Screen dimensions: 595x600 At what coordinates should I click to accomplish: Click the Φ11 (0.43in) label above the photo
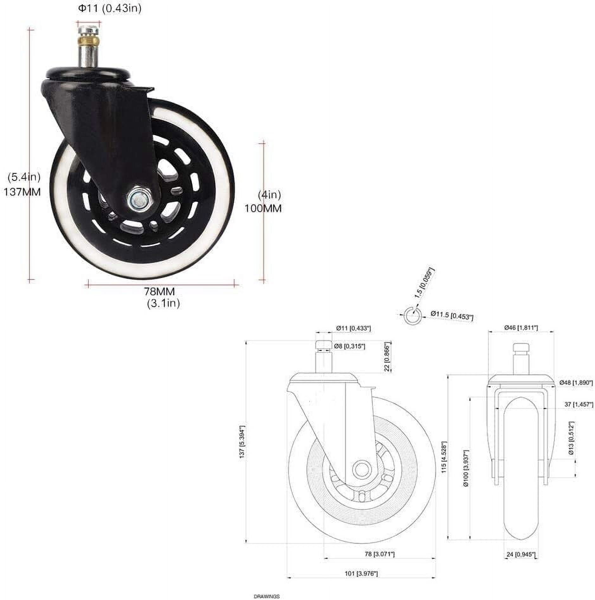(110, 9)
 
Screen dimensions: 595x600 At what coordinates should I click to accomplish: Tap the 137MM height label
(22, 192)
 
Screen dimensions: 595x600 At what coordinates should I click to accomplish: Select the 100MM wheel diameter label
(263, 208)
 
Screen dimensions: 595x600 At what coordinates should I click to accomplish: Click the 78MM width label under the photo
(159, 291)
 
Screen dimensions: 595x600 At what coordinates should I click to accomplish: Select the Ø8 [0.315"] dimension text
(350, 346)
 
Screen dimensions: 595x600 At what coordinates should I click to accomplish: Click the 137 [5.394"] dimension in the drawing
(242, 441)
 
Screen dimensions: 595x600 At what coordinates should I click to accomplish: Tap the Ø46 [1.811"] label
(521, 328)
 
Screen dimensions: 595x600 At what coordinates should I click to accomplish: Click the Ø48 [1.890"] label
(576, 382)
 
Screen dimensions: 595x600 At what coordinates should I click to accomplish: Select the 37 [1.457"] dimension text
(579, 404)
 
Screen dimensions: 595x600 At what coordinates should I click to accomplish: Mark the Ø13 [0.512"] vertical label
(571, 438)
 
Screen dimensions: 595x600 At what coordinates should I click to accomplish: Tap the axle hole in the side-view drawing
(361, 468)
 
